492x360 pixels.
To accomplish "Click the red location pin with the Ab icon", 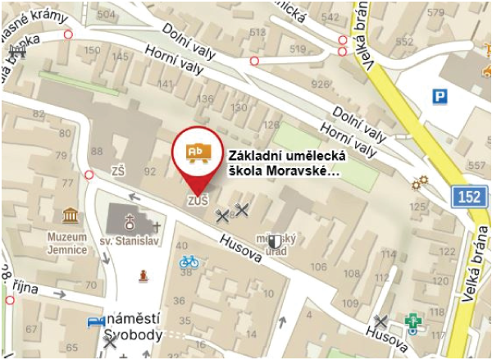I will pyautogui.click(x=197, y=153).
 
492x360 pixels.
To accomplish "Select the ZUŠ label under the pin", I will pyautogui.click(x=198, y=201).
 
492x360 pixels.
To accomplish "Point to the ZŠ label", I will pyautogui.click(x=117, y=171).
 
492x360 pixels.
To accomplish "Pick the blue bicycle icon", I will pyautogui.click(x=189, y=262).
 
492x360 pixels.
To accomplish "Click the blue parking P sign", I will pyautogui.click(x=441, y=98).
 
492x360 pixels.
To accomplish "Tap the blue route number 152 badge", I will pyautogui.click(x=466, y=198).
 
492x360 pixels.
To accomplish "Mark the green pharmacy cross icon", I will pyautogui.click(x=415, y=322).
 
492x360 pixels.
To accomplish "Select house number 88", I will pyautogui.click(x=98, y=152).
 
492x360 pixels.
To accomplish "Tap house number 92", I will pyautogui.click(x=150, y=171).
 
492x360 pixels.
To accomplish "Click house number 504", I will pyautogui.click(x=106, y=16).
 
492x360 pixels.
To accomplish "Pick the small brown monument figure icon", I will pyautogui.click(x=145, y=274).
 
